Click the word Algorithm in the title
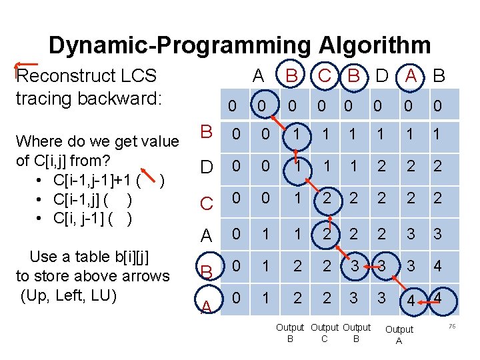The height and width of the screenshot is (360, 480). click(x=374, y=45)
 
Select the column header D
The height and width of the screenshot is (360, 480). click(x=381, y=76)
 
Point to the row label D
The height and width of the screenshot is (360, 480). click(x=207, y=166)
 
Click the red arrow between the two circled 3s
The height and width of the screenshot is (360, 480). click(x=368, y=266)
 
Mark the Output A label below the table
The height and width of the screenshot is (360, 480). click(x=399, y=335)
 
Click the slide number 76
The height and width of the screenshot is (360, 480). click(x=451, y=326)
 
